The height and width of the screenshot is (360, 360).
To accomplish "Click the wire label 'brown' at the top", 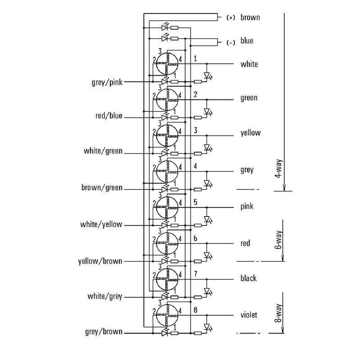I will coord(250,18).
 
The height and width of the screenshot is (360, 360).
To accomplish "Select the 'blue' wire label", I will coord(247,41).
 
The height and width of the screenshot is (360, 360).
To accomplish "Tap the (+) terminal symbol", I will coord(230,18).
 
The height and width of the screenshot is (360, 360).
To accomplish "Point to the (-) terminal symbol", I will coord(230,43).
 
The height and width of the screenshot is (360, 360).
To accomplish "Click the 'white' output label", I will coord(249,64).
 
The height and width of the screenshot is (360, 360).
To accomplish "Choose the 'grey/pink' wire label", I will coord(107,82).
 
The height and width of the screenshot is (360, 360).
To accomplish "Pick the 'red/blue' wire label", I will coord(108,116).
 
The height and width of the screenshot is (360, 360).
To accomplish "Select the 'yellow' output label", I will coord(250,133).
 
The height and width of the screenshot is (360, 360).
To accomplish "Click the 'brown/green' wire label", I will coord(102,187).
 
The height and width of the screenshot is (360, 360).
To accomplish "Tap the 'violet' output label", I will coord(248,315).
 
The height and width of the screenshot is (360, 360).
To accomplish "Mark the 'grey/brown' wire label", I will coord(103,332).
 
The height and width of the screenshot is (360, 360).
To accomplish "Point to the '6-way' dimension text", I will coord(279,241).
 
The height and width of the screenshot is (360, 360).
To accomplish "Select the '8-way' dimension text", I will coord(279,313).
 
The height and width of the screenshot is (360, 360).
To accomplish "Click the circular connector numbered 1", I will coord(167,64).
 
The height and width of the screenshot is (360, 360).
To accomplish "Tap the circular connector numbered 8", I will coord(167,315).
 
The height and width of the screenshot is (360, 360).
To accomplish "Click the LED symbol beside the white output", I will coord(207,76).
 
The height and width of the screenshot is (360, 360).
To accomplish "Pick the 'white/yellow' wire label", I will coord(101,224).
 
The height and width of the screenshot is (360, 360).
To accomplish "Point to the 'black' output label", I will coord(248,279).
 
